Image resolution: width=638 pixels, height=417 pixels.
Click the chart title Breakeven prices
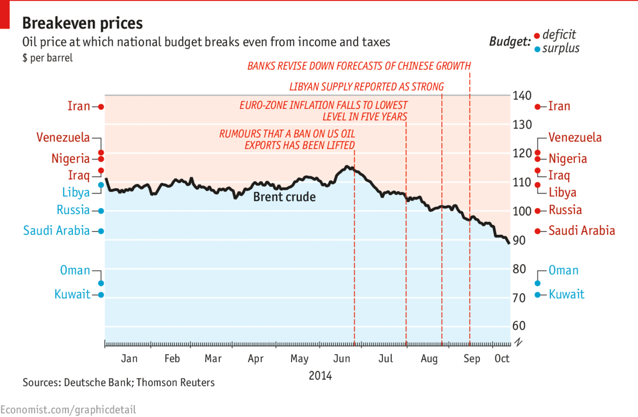(83, 23)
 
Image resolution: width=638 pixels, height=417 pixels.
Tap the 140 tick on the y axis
(523, 96)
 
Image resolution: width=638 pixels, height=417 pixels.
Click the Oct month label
(501, 359)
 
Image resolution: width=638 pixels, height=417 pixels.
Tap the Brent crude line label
(284, 197)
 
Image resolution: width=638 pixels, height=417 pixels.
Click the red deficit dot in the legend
(537, 36)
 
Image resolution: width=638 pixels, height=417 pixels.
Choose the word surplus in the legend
(561, 49)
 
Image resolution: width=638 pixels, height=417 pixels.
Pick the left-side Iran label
(79, 106)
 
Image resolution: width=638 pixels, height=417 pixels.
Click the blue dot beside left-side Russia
(100, 211)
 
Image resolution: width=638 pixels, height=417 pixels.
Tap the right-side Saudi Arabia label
(582, 231)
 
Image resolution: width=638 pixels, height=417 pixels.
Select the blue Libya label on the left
(76, 192)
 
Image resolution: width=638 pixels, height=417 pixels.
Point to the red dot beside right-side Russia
(538, 211)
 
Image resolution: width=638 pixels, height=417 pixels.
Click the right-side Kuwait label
(567, 294)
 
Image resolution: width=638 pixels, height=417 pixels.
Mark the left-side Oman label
(75, 270)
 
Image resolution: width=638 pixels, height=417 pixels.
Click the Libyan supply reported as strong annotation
(367, 86)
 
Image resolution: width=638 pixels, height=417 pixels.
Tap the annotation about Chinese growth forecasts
(359, 66)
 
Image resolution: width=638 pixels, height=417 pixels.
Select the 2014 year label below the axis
(320, 376)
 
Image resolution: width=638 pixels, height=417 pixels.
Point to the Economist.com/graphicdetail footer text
(68, 410)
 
